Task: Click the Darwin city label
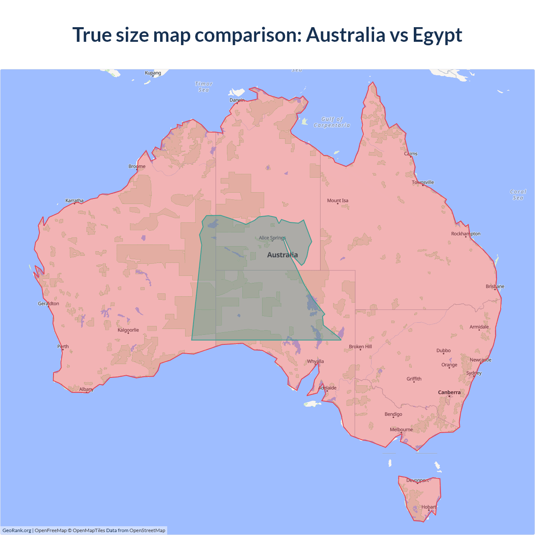(x=237, y=100)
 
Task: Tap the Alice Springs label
(x=272, y=238)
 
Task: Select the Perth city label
(x=63, y=346)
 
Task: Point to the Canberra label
(x=449, y=392)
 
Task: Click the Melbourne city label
(x=401, y=430)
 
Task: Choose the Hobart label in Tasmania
(x=429, y=507)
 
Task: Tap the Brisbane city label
(x=495, y=286)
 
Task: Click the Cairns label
(x=411, y=154)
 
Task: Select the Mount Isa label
(x=338, y=201)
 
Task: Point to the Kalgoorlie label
(x=128, y=330)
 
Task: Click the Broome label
(x=137, y=166)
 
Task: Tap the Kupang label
(x=153, y=73)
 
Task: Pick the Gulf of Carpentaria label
(x=332, y=122)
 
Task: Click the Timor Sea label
(x=204, y=87)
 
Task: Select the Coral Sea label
(x=518, y=195)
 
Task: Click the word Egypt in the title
(x=437, y=35)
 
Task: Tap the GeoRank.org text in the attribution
(x=17, y=530)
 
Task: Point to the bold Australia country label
(x=283, y=255)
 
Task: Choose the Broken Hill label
(x=360, y=346)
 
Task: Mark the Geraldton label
(x=48, y=303)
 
